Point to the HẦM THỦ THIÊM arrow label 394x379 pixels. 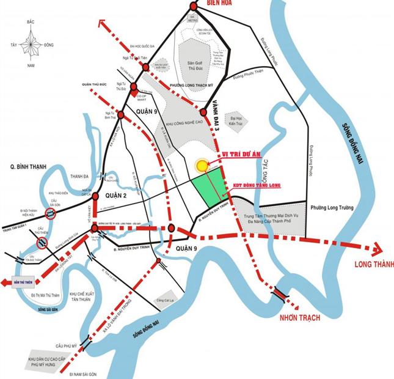(13, 282)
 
